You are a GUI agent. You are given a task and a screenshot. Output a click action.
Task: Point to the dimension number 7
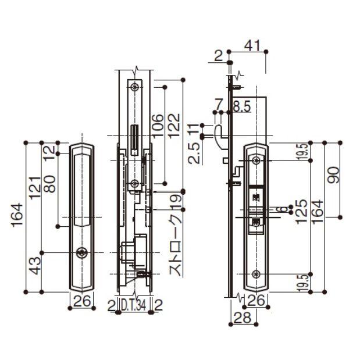pos(219,105)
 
